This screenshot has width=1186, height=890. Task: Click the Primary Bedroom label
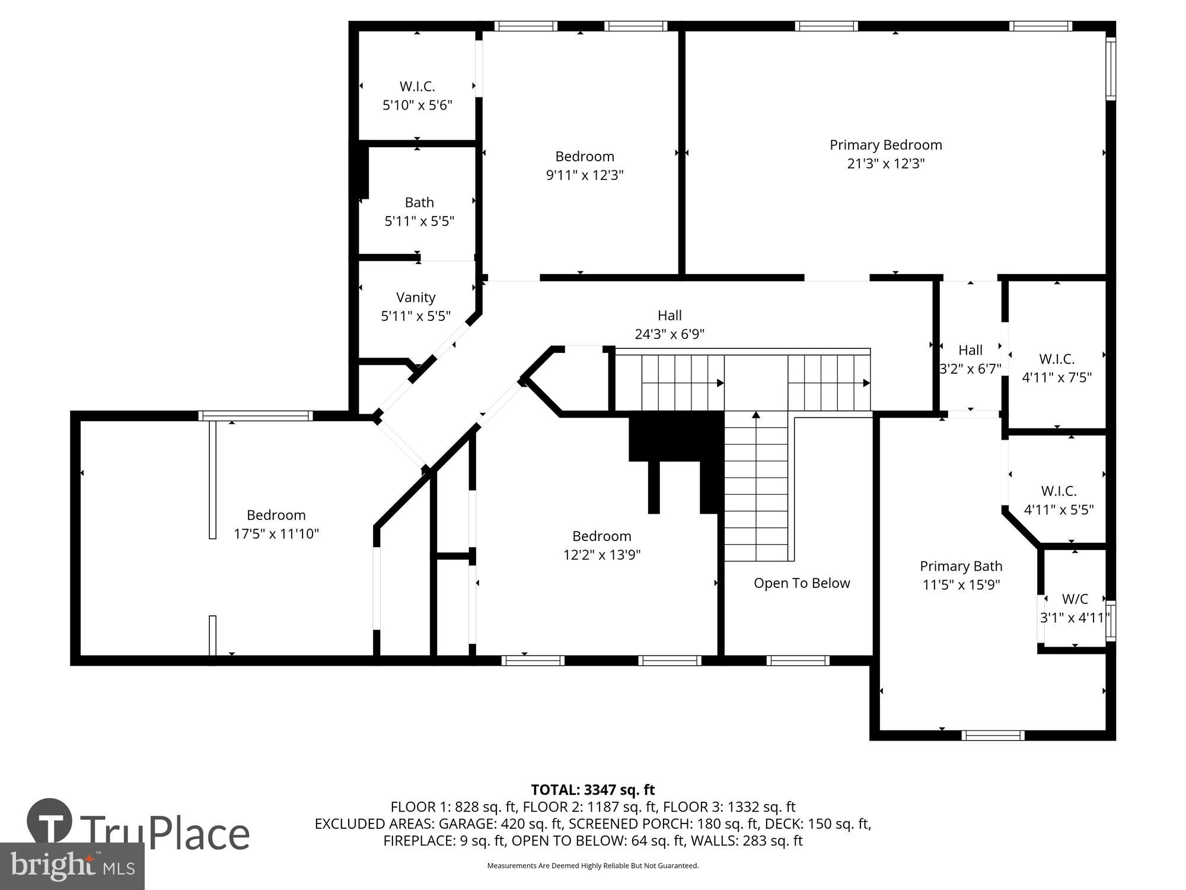pos(885,145)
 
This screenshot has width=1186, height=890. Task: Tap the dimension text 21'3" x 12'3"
pos(885,164)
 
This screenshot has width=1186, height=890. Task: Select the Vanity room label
pos(416,297)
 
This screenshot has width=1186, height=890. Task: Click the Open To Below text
pos(802,583)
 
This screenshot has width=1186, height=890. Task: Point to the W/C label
pos(1075,599)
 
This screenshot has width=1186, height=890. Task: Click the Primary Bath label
pos(961,566)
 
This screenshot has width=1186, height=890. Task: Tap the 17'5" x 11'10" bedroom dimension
pos(276,534)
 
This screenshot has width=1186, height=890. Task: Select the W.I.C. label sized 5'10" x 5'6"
pos(417,87)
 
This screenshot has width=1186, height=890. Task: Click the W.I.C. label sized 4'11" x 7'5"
pos(1057,359)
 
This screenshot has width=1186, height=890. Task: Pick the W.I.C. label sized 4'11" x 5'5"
pos(1059,491)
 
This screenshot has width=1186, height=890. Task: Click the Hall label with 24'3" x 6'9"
pos(669,316)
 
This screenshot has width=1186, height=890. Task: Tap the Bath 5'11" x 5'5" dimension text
pos(419,221)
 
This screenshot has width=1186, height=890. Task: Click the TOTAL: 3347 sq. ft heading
pos(592,790)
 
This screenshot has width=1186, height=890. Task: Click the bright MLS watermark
pos(72,866)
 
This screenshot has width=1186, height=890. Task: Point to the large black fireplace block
pos(676,436)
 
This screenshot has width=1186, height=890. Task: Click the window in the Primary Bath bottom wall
pos(993,736)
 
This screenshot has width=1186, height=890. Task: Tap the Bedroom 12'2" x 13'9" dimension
pos(602,555)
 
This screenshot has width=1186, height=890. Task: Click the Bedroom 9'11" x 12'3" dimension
pos(585,175)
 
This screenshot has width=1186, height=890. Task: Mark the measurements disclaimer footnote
pos(592,866)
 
